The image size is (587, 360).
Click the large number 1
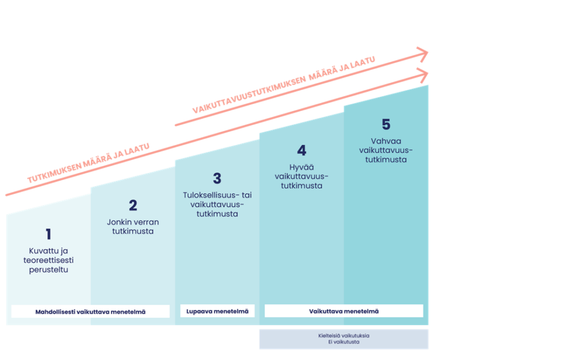(x=48, y=234)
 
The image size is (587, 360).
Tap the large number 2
(x=133, y=205)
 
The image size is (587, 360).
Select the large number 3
(x=217, y=178)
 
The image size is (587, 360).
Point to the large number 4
(x=302, y=151)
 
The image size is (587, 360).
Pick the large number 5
(x=386, y=124)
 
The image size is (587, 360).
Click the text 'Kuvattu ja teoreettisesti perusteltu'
(x=48, y=260)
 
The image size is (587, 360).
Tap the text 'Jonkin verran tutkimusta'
(x=133, y=226)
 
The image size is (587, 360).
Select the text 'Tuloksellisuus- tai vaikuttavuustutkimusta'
(x=217, y=204)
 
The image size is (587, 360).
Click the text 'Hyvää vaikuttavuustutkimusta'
(x=302, y=176)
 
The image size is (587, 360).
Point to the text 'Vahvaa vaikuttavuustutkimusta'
(x=386, y=150)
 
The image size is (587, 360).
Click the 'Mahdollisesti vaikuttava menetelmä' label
(x=91, y=311)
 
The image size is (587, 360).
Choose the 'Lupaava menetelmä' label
(x=217, y=311)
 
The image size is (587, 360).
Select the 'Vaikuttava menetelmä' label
(x=344, y=311)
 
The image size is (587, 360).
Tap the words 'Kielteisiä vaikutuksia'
(x=344, y=335)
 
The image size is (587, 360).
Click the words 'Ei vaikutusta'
(x=344, y=342)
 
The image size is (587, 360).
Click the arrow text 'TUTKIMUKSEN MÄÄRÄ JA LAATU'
(x=88, y=163)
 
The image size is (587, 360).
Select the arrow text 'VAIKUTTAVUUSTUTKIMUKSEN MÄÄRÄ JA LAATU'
(x=284, y=82)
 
